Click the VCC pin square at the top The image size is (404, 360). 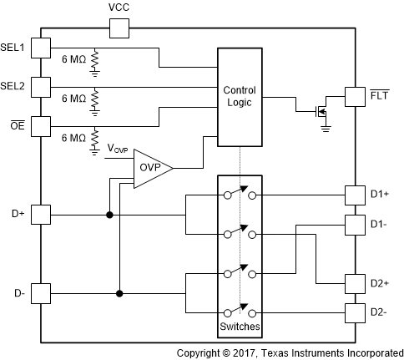click(119, 30)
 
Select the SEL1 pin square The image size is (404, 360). click(41, 48)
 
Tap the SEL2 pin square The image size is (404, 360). click(41, 86)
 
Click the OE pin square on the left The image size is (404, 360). click(41, 125)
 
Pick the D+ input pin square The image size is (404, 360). click(41, 215)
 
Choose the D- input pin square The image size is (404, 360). click(41, 293)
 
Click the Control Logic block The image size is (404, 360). click(240, 95)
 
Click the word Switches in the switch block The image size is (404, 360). click(240, 325)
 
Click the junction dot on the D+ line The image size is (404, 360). click(109, 215)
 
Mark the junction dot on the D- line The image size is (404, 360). click(119, 293)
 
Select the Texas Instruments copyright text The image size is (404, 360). click(290, 352)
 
